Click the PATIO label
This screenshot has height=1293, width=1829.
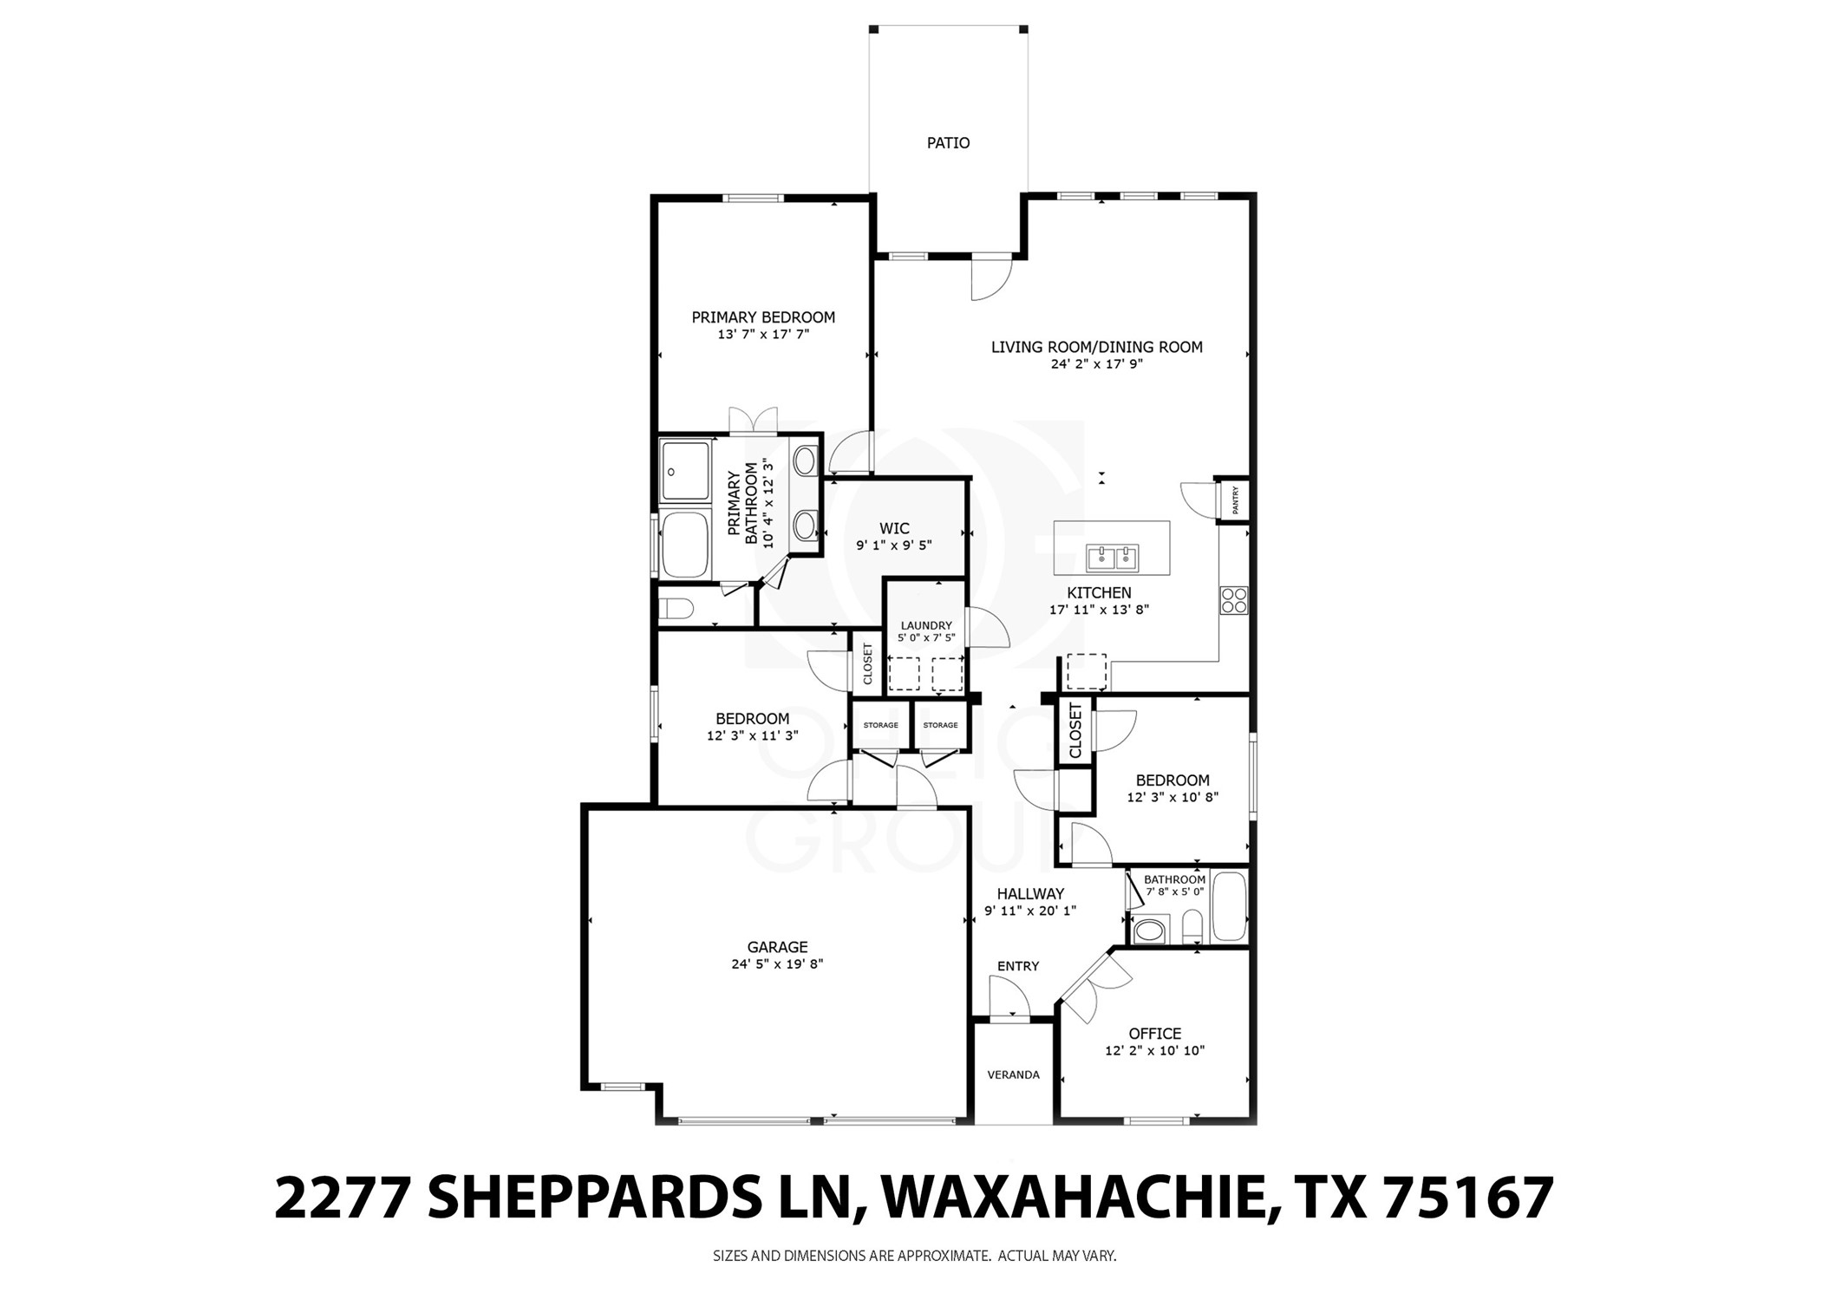tap(948, 143)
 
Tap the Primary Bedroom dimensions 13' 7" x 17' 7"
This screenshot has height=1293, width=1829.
tap(762, 334)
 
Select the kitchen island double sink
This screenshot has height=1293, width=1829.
tap(1112, 558)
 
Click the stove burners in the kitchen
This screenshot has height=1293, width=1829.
tap(1234, 600)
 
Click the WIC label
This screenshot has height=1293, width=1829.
tap(894, 528)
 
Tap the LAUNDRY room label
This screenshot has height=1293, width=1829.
tap(925, 625)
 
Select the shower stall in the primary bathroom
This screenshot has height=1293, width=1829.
tap(685, 470)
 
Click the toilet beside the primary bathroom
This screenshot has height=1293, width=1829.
tap(674, 608)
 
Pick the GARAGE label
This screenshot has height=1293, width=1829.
tap(777, 947)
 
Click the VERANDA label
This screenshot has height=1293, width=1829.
tap(1013, 1074)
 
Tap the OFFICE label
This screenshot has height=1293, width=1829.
tap(1154, 1034)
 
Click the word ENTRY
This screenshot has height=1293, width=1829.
tap(1018, 966)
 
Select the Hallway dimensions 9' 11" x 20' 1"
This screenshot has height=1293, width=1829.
tap(1029, 911)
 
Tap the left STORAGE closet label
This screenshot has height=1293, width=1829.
tap(880, 725)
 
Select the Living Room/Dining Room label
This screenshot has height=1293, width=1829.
tap(1096, 347)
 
